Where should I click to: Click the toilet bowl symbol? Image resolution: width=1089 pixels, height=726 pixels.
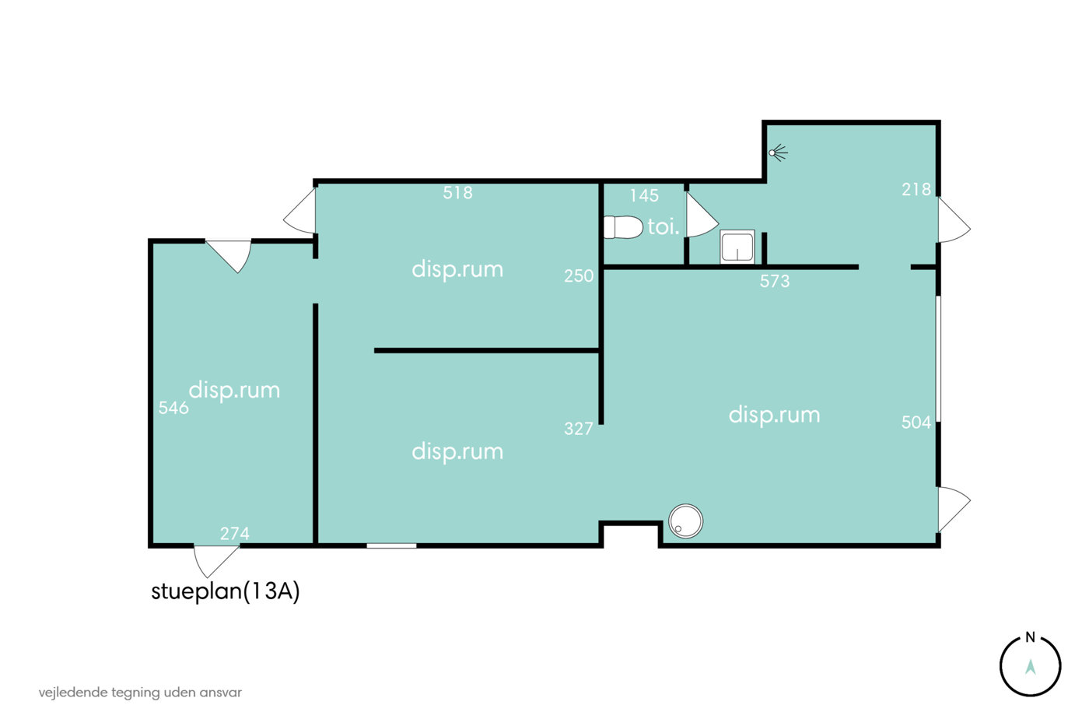[x=623, y=227]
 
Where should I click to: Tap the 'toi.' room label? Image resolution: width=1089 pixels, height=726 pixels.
[x=663, y=227]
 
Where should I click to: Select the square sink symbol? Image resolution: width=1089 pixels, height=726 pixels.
[x=737, y=247]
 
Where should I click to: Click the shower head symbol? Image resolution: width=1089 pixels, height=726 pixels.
[x=778, y=153]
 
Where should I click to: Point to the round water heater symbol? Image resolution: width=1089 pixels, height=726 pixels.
[x=685, y=521]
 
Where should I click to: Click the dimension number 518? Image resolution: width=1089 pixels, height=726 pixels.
[x=457, y=193]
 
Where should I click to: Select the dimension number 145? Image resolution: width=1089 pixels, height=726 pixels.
[x=644, y=195]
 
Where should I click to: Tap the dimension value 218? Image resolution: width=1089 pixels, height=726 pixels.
[x=916, y=189]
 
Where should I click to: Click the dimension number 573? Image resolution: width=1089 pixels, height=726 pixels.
[x=775, y=281]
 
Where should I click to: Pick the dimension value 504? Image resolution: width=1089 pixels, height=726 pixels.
[x=916, y=422]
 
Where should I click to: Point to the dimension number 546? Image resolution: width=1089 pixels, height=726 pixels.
[x=173, y=408]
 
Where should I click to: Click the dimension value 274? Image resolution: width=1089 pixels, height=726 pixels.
[x=234, y=534]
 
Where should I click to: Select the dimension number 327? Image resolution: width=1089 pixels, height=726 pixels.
[x=579, y=429]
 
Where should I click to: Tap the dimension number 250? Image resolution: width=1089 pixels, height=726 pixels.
[x=579, y=275]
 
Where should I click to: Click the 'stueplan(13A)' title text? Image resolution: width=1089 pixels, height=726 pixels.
[x=225, y=591]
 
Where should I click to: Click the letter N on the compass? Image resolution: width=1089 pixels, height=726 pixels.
[x=1030, y=637]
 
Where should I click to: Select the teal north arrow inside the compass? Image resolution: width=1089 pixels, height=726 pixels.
[x=1030, y=667]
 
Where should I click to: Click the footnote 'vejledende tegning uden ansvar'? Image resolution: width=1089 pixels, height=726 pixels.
[x=140, y=693]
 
